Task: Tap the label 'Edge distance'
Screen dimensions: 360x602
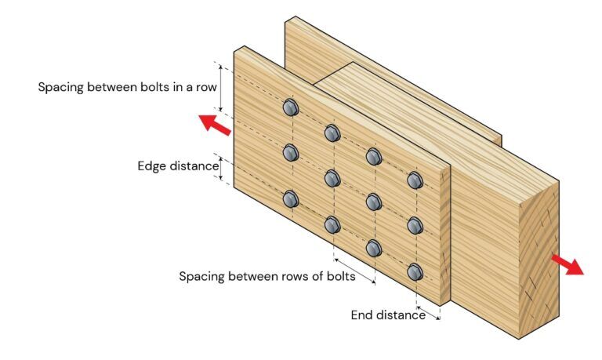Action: pyautogui.click(x=178, y=166)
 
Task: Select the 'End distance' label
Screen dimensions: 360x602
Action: pyautogui.click(x=388, y=315)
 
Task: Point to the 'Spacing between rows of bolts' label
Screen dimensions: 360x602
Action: pyautogui.click(x=267, y=276)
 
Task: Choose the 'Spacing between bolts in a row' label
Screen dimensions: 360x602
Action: pyautogui.click(x=127, y=86)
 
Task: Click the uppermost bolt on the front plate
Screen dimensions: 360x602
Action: pyautogui.click(x=290, y=107)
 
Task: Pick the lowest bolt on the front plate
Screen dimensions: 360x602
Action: pyautogui.click(x=415, y=273)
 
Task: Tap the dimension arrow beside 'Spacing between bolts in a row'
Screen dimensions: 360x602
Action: pyautogui.click(x=222, y=86)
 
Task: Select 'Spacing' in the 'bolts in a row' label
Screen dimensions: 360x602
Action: pyautogui.click(x=61, y=86)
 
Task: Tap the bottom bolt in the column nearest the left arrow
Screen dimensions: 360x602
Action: pyautogui.click(x=291, y=199)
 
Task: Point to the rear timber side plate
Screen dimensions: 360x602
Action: pyautogui.click(x=392, y=71)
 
